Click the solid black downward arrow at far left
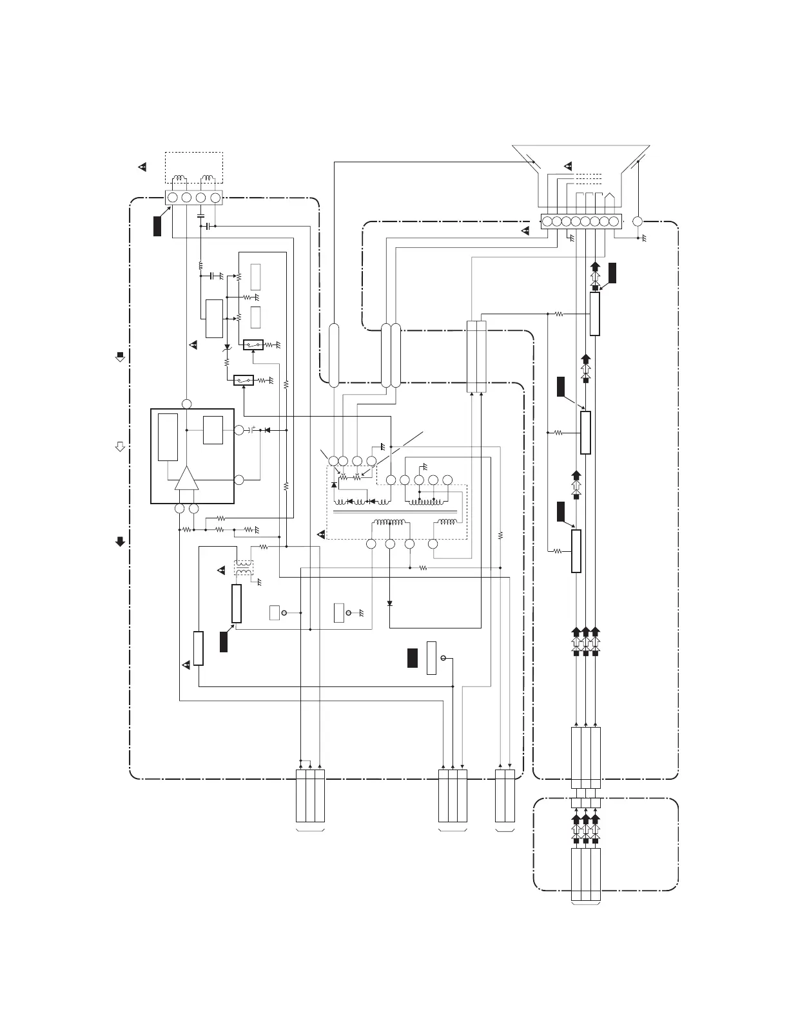pos(120,542)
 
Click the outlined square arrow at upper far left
pos(120,356)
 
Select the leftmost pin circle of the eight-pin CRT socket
pos(547,222)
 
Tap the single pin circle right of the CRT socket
pos(638,222)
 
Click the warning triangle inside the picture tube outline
pos(568,166)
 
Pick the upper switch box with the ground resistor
pos(253,345)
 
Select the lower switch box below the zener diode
pos(243,381)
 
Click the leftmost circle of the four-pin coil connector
pos(172,198)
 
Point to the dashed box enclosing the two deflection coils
pos(194,169)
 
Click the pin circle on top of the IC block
pos(186,404)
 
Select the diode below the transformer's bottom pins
pos(390,603)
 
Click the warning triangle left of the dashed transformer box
pos(322,534)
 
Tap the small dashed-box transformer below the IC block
pos(243,567)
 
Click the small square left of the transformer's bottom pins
pos(339,612)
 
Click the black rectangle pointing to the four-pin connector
pos(157,226)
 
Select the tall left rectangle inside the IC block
pos(168,437)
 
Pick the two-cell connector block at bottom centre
pos(505,795)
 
